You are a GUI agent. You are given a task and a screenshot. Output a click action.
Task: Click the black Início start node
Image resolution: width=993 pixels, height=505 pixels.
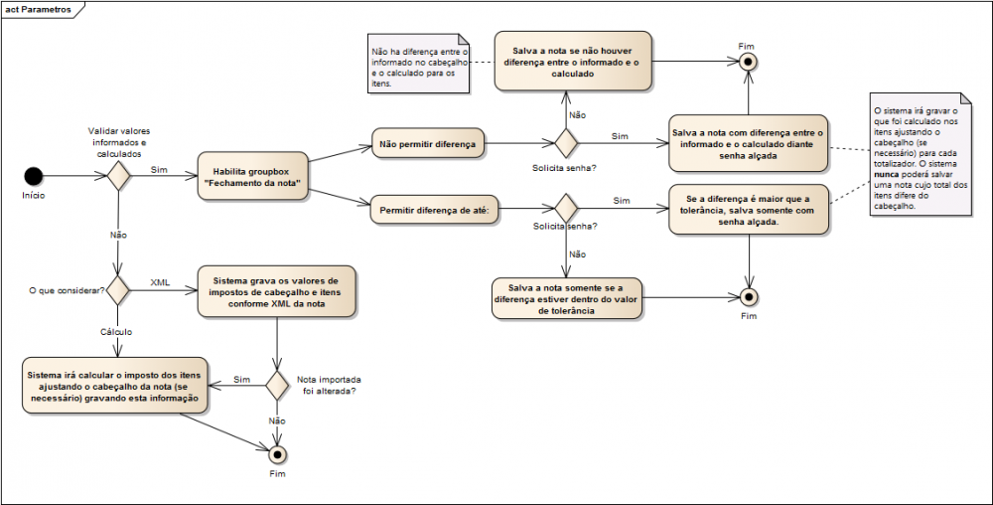click(34, 176)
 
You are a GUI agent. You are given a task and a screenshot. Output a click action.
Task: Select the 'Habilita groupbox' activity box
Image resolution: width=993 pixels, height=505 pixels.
click(252, 176)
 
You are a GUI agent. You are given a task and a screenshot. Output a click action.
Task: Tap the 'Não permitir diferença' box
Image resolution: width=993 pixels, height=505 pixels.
click(427, 143)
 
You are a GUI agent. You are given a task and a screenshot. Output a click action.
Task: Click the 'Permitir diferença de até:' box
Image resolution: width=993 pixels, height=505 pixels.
click(435, 210)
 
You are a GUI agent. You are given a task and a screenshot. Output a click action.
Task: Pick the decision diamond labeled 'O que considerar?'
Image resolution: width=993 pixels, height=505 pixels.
click(118, 290)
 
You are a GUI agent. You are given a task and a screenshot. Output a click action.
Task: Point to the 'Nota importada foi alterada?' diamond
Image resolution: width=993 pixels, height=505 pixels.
click(277, 386)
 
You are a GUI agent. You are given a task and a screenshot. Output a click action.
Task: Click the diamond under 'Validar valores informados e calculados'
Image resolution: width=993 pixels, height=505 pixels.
click(118, 175)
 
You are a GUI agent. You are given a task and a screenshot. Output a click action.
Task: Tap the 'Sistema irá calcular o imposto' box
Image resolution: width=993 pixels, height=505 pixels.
click(114, 386)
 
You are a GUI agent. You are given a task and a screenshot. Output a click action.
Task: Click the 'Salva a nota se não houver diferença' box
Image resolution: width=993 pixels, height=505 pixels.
click(573, 61)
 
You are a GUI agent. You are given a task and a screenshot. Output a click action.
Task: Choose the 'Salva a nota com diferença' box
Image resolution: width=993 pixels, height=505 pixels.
click(748, 143)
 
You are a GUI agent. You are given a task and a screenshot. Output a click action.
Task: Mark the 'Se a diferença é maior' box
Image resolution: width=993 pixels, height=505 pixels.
click(748, 210)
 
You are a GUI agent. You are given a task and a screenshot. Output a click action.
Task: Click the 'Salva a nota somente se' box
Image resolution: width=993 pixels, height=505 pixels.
click(566, 298)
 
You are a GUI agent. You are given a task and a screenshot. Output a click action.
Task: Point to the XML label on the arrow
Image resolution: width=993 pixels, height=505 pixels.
click(160, 282)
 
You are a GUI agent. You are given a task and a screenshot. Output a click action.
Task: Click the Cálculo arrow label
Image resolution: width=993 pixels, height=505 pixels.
click(116, 331)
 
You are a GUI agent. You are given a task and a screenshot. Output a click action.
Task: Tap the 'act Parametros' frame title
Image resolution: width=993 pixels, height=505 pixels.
click(38, 10)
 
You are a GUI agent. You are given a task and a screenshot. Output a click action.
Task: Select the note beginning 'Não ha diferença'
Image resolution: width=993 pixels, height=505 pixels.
click(419, 64)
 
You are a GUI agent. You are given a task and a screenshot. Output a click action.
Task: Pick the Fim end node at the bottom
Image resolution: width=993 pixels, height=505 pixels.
click(277, 455)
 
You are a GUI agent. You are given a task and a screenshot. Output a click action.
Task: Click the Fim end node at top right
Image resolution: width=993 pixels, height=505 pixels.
click(749, 62)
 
